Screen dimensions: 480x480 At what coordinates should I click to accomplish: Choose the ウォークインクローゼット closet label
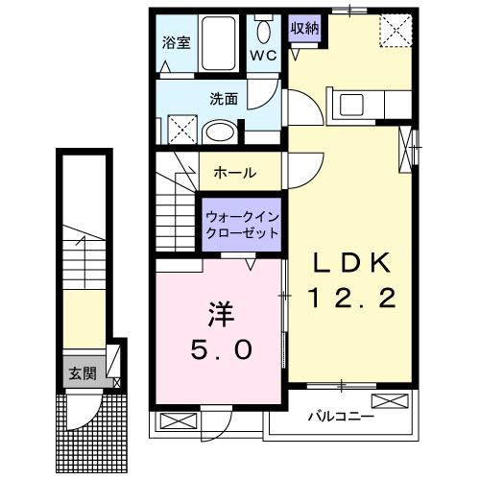pos(242,225)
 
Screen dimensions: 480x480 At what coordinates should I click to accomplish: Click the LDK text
pos(350,262)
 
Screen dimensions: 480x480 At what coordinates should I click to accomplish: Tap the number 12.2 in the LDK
pos(351,299)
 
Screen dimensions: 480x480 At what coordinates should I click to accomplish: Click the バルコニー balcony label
pos(335,418)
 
